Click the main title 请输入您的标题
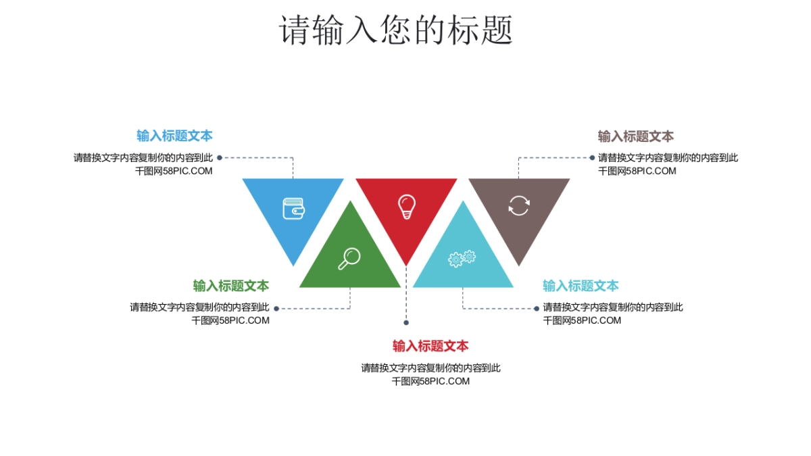tap(397, 30)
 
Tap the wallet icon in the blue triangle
tap(293, 207)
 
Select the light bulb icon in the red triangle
tap(406, 206)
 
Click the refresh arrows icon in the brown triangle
tap(519, 205)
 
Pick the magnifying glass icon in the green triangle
tap(349, 259)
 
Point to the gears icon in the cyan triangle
tap(462, 258)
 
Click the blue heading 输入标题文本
tap(174, 136)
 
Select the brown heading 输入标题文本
tap(636, 136)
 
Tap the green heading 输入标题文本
tap(231, 286)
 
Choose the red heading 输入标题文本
tap(431, 347)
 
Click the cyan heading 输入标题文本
tap(581, 286)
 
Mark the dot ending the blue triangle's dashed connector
tap(220, 157)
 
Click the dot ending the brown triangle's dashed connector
tap(592, 157)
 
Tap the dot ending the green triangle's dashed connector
tap(276, 308)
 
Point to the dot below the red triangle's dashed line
tap(406, 322)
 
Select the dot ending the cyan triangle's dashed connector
tap(537, 308)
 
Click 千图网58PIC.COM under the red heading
tap(431, 381)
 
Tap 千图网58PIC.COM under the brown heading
tap(637, 171)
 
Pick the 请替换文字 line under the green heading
tap(199, 307)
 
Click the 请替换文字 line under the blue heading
tap(143, 157)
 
